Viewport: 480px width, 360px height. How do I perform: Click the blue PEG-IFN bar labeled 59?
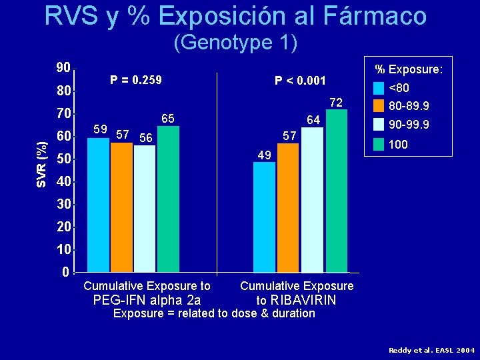coord(98,205)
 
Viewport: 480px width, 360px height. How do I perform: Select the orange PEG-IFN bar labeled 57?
coord(121,207)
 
